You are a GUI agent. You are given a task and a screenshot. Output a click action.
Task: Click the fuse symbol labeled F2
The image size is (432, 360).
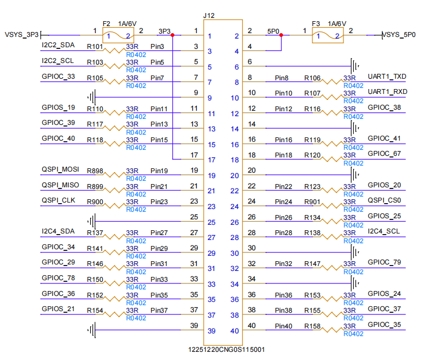point(118,36)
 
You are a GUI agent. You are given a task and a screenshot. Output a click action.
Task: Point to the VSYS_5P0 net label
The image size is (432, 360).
point(399,35)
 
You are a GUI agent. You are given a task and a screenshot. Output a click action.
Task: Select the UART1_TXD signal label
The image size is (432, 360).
point(387,76)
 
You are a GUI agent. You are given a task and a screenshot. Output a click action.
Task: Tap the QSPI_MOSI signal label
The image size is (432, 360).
point(60,169)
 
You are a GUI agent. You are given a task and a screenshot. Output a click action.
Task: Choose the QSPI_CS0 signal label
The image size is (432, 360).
point(385,200)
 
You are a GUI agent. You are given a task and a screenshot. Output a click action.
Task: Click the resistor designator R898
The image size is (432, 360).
point(95,171)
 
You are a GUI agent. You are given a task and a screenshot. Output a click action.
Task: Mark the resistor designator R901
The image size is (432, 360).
point(312,202)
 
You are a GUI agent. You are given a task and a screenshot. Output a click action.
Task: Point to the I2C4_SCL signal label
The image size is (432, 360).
point(385,231)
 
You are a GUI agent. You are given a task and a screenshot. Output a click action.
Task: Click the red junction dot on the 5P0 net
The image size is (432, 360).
point(281,34)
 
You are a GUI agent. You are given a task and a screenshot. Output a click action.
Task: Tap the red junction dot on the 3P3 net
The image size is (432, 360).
point(172,34)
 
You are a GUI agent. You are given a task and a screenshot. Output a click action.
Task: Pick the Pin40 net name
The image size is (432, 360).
point(283,326)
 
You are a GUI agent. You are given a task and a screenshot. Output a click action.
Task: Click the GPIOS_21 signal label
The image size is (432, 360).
point(58,309)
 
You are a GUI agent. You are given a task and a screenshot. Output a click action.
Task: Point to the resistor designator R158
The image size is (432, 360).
point(312,326)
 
